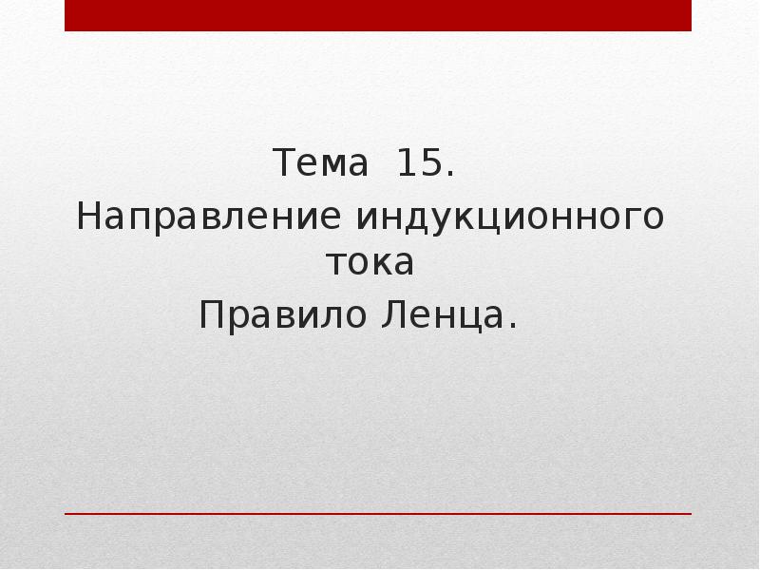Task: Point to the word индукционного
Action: [510, 218]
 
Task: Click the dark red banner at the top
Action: [378, 15]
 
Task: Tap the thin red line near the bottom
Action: [378, 514]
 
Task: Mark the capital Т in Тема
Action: [284, 164]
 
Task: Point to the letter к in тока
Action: [378, 263]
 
